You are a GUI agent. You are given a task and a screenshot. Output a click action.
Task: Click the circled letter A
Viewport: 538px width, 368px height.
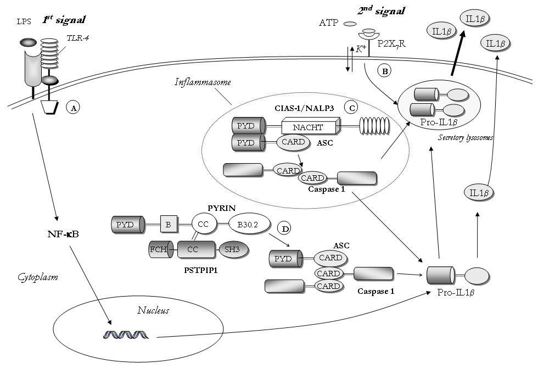[72, 108]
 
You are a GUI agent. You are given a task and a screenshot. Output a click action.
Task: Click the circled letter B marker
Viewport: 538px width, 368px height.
[384, 71]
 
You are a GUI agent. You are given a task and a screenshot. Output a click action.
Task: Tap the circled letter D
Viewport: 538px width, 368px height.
[284, 227]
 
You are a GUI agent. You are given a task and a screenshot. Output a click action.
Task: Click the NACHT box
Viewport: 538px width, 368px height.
[308, 127]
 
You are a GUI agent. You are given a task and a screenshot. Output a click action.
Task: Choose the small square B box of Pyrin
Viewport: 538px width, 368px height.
[167, 224]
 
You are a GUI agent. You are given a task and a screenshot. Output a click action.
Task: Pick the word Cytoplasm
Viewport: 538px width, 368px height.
[37, 277]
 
